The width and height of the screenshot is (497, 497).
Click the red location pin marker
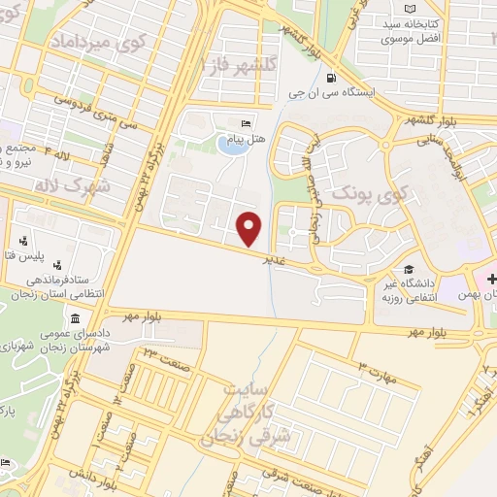pos(250,228)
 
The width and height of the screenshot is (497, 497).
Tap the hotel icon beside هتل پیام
pos(246,124)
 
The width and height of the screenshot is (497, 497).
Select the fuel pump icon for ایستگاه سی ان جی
pos(333,79)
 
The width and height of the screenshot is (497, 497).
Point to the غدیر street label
pos(276,260)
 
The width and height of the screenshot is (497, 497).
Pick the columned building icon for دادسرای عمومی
pos(75,318)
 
